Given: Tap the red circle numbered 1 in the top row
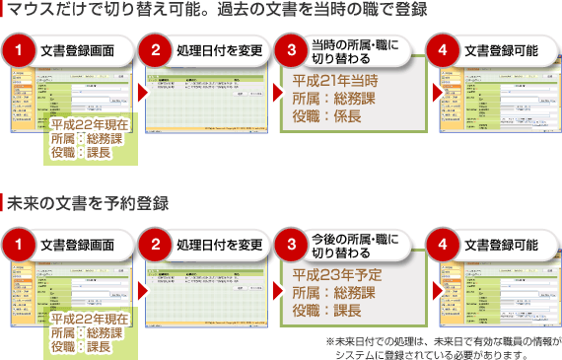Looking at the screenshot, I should [19, 50].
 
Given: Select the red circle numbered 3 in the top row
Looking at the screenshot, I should [291, 50].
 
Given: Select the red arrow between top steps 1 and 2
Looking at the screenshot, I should [142, 95].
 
